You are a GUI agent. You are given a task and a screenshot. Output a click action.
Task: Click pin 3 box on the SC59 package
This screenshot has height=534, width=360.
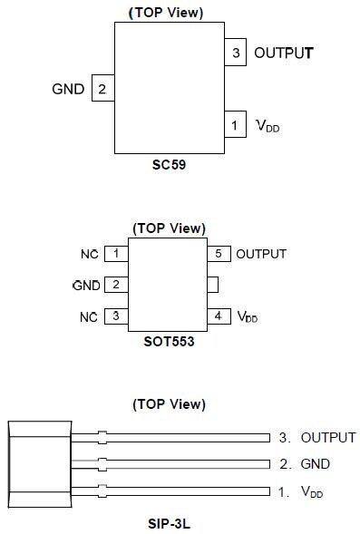tap(236, 53)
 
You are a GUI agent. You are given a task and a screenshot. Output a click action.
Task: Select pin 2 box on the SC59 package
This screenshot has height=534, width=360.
tap(102, 89)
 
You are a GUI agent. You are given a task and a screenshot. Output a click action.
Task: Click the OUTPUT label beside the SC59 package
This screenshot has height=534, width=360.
tap(283, 53)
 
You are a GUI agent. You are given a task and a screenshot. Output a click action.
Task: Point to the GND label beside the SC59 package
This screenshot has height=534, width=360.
tap(69, 89)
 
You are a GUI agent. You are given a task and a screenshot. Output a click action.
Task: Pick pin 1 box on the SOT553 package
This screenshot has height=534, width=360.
tap(116, 254)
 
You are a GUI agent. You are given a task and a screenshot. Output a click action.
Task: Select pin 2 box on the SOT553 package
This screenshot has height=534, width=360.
tap(116, 285)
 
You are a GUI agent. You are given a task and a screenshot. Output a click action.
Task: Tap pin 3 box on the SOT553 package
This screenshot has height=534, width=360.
tap(116, 316)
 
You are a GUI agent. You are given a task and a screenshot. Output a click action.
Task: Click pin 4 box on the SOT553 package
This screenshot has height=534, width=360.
tap(219, 316)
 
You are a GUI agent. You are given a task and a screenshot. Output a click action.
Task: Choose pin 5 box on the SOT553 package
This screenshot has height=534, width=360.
tap(219, 254)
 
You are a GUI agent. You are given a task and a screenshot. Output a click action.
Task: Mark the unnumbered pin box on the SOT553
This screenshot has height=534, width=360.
tap(213, 285)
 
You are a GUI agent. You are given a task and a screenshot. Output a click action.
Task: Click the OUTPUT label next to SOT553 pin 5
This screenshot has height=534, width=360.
tap(261, 254)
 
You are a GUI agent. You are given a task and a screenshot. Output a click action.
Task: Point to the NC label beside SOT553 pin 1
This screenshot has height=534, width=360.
tap(89, 254)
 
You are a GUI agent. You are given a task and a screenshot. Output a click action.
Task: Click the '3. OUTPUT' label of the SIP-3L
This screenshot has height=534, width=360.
tap(316, 437)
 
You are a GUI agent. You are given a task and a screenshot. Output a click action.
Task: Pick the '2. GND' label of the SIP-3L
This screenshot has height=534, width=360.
tap(304, 464)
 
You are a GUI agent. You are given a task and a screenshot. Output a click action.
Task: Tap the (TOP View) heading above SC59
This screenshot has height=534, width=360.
tap(169, 13)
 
